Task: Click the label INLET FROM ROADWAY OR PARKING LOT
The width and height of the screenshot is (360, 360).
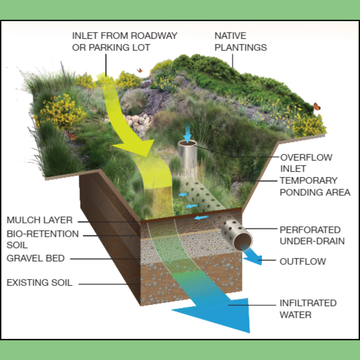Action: [x=125, y=41]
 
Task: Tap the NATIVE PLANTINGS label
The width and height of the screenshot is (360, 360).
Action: [x=240, y=41]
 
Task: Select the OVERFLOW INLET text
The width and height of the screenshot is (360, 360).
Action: [x=306, y=163]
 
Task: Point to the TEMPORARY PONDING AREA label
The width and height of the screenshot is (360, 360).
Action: [x=315, y=186]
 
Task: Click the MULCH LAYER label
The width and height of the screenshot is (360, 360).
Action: [x=40, y=220]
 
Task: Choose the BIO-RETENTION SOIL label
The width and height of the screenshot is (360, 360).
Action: [x=43, y=239]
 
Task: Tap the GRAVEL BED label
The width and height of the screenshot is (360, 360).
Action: [x=36, y=258]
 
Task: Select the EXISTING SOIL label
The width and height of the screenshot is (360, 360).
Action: [x=39, y=283]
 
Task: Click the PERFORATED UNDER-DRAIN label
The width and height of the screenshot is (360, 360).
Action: [x=312, y=235]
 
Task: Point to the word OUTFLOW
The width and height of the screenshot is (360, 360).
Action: [x=303, y=261]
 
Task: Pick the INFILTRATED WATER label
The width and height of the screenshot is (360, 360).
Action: [x=308, y=309]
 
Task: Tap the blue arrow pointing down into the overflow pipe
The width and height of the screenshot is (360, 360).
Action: [x=188, y=132]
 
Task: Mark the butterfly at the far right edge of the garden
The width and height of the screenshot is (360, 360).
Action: [x=317, y=107]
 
